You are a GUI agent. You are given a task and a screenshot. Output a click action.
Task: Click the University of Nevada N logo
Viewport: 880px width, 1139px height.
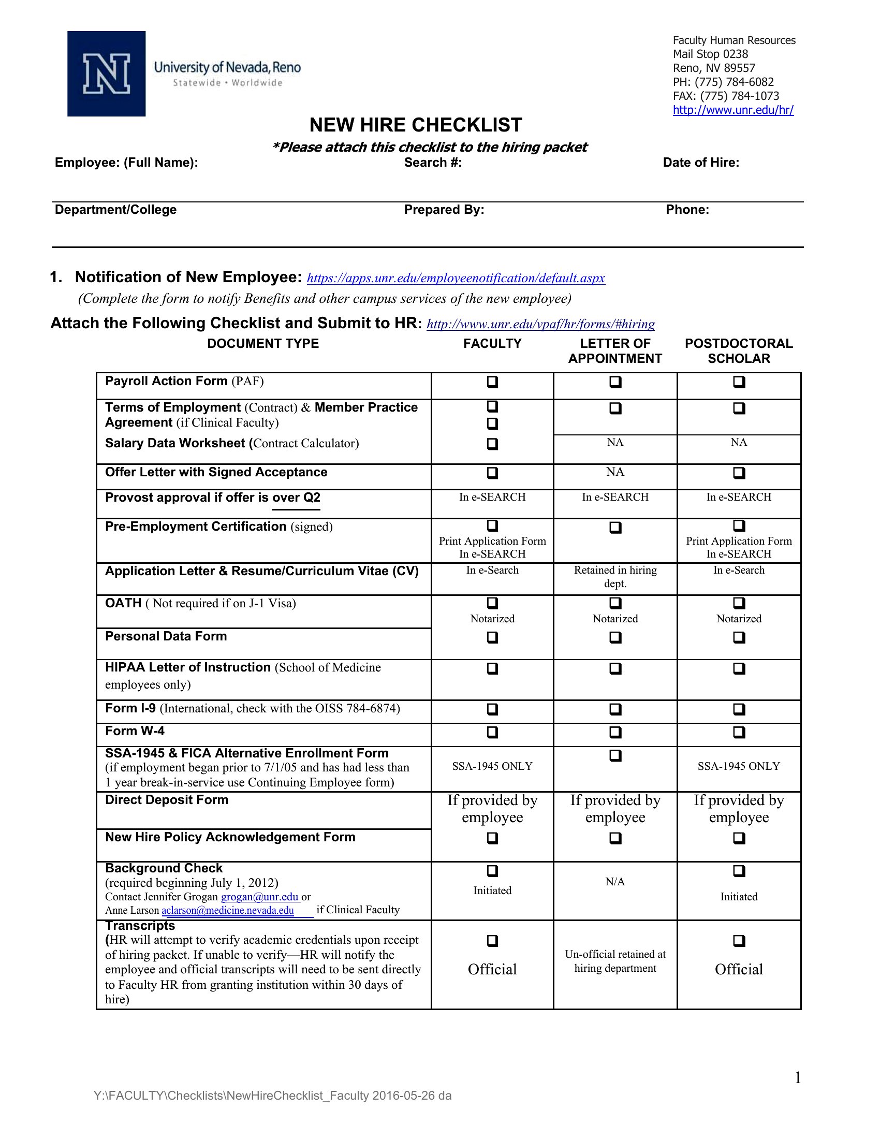coord(106,74)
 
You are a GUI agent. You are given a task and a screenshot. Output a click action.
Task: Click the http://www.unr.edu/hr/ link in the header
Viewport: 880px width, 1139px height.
coord(733,110)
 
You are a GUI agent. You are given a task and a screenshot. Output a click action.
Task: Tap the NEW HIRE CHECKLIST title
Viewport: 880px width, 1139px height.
coord(416,125)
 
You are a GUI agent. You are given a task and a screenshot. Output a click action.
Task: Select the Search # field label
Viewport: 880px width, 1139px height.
coord(433,163)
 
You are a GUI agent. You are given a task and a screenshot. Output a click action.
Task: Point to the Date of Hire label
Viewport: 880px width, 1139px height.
coord(701,163)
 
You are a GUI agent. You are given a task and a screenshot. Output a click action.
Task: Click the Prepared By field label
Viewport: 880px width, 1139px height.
coord(444,210)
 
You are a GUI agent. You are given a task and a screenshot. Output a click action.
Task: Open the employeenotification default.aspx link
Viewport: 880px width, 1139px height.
coord(456,278)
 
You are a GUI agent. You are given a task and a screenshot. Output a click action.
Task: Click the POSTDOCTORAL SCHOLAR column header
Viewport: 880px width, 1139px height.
coord(739,351)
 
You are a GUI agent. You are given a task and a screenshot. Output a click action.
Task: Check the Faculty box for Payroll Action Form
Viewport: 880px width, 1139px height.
coord(492,382)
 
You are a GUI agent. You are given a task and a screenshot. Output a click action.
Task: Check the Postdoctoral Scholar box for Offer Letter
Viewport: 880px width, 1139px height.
coord(739,473)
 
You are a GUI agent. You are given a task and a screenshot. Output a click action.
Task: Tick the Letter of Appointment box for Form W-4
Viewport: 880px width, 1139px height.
coord(615,732)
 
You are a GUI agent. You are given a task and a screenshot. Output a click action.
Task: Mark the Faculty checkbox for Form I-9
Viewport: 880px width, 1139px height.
coord(492,709)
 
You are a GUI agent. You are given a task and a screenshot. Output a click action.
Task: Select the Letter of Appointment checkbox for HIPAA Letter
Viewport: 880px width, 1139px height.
coord(615,668)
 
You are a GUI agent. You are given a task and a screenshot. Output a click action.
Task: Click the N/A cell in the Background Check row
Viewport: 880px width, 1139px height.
coord(615,882)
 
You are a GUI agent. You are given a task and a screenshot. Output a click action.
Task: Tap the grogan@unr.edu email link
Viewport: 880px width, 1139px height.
coord(260,897)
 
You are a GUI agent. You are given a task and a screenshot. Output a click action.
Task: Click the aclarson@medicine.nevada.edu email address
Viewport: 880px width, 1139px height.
coord(228,911)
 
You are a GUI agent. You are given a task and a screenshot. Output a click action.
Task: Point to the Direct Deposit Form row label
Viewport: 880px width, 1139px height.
coord(167,800)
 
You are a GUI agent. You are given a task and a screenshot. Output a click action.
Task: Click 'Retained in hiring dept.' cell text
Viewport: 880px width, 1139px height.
coord(615,577)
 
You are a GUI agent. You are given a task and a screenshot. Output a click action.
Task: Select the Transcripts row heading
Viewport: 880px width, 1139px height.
coord(140,926)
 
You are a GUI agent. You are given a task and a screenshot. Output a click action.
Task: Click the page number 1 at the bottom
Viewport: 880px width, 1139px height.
coord(798,1077)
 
